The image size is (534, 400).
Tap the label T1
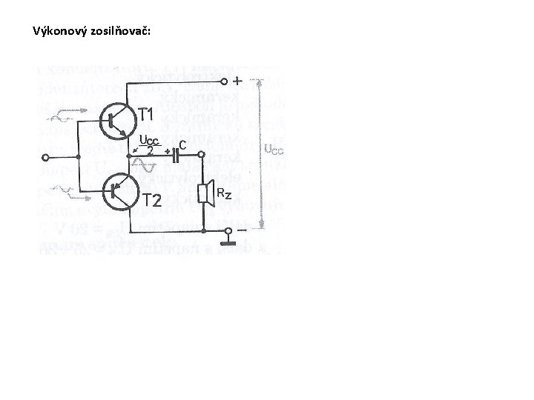tap(146, 115)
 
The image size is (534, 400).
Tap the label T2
tap(152, 201)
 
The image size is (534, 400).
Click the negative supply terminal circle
tap(226, 230)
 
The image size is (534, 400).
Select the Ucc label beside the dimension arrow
tap(273, 150)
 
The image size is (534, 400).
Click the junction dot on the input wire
tap(77, 157)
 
